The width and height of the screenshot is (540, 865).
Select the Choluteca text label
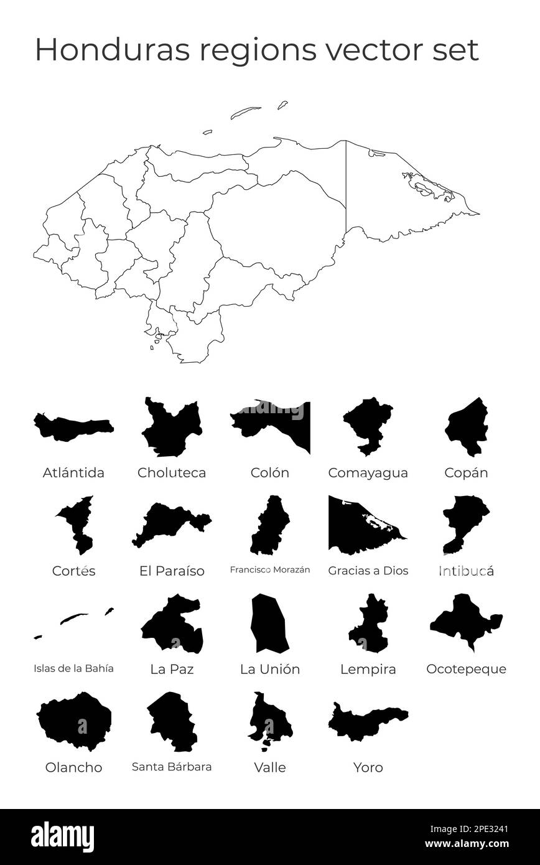(x=172, y=473)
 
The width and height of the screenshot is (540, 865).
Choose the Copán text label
(x=466, y=473)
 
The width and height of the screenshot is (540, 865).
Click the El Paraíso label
(x=172, y=571)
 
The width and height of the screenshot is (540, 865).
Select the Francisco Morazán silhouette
(x=270, y=526)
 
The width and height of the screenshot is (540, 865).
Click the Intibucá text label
(x=466, y=571)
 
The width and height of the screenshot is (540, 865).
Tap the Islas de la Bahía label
(x=73, y=669)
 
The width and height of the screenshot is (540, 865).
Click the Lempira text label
(x=368, y=670)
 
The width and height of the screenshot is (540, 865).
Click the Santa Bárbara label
(x=172, y=767)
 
